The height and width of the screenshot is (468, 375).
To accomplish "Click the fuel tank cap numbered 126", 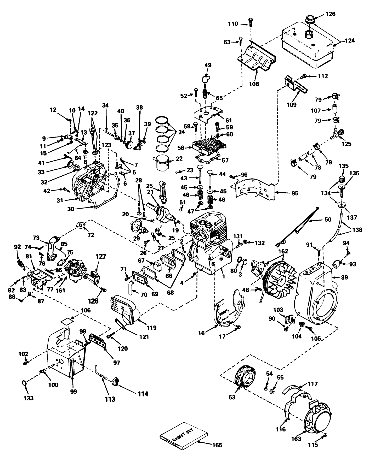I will [310, 20].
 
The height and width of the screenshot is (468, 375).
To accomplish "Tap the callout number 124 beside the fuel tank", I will [349, 40].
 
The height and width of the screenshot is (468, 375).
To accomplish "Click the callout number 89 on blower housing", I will [345, 277].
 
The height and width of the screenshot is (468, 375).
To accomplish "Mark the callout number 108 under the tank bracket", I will [254, 84].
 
